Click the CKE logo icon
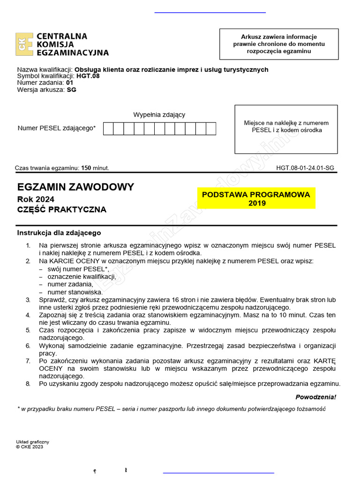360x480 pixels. coord(24,44)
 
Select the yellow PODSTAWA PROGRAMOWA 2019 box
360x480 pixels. coord(256,199)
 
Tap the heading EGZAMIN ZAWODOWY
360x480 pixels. coord(75,187)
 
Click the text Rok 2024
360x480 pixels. coord(36,199)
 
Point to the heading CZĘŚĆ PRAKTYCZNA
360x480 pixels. coord(62,210)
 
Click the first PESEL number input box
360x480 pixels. coord(108,128)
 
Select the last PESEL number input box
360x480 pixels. coord(211,128)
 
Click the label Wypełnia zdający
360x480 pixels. coord(159,115)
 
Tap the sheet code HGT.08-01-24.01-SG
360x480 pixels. coord(305,168)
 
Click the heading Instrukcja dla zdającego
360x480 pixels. coord(59,233)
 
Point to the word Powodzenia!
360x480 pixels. coord(315,397)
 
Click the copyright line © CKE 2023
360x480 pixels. coord(30,447)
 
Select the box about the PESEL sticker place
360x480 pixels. coord(286,129)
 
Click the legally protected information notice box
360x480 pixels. coord(279,44)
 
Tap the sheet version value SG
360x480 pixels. coord(71,90)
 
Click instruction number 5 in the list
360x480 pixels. coord(28,330)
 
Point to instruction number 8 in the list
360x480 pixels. coord(28,384)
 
